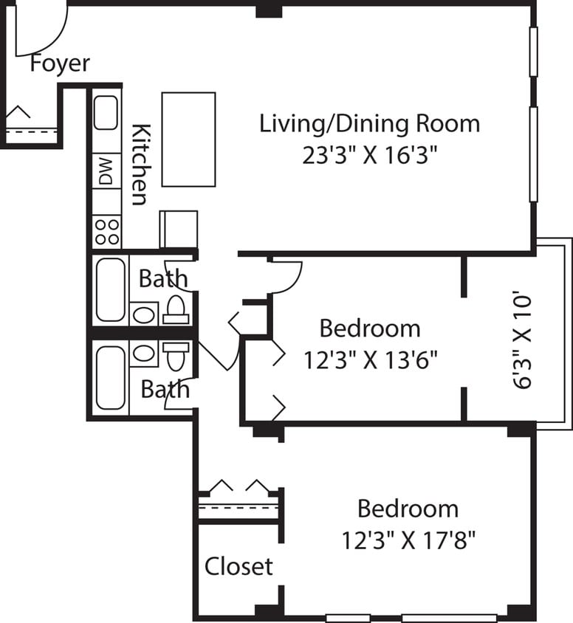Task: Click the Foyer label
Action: pos(60,63)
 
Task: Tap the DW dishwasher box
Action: pos(106,171)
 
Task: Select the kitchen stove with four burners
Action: pos(107,231)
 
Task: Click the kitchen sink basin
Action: pos(106,113)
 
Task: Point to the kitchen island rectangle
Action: pos(188,140)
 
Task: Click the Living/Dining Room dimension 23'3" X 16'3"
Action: pos(370,156)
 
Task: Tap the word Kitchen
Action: pos(140,165)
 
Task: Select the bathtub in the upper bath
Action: pos(110,290)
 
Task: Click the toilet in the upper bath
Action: pos(176,309)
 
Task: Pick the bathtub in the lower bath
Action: pos(110,377)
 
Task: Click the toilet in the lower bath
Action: pos(176,355)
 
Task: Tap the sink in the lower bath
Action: pos(144,354)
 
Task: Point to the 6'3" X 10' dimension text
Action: pos(522,340)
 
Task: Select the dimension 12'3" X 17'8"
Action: pos(408,541)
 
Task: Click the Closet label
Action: pos(238,566)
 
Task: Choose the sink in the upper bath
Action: pos(144,315)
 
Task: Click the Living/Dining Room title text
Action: pos(369,123)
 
